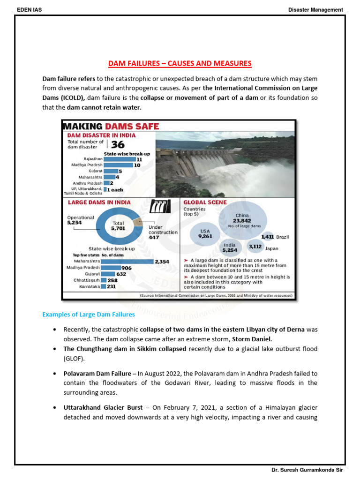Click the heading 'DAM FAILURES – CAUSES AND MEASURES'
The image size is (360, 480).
180,63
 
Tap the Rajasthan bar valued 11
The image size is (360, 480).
119,159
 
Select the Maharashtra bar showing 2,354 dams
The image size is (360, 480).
127,261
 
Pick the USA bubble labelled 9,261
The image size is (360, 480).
205,233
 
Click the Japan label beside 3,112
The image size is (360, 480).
272,249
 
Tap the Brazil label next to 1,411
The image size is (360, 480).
283,237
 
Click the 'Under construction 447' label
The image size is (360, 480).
163,232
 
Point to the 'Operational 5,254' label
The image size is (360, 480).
81,220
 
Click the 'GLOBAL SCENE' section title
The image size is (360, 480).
205,202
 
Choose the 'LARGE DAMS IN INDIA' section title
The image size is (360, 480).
99,202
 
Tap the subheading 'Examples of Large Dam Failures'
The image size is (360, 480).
89,315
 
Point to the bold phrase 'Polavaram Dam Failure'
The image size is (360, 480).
96,374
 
